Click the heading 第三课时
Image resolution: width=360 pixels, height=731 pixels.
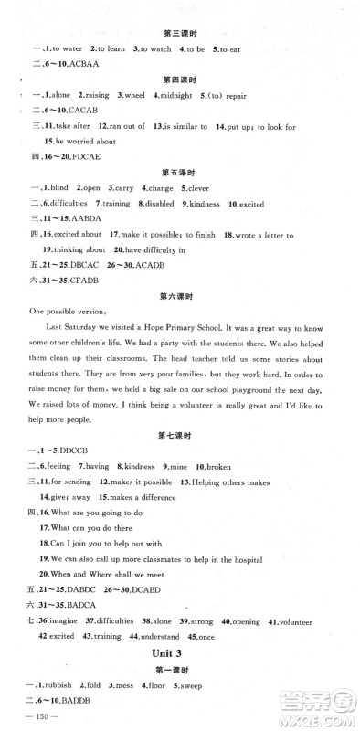tap(179, 33)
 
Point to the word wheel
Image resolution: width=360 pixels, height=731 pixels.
tap(132, 94)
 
